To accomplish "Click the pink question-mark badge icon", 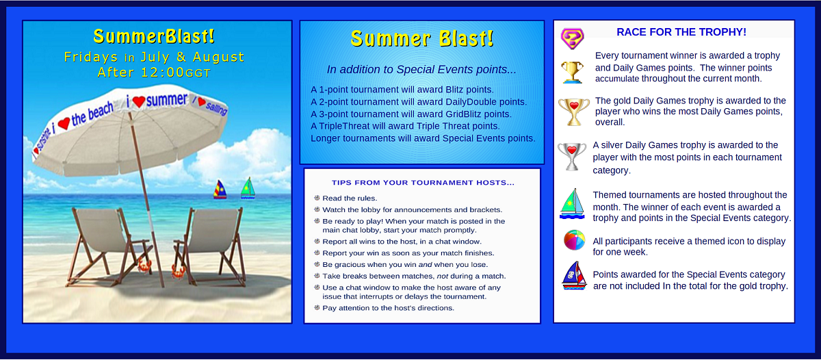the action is pyautogui.click(x=572, y=38).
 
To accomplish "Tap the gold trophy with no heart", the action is pyautogui.click(x=572, y=73).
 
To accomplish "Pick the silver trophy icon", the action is pyautogui.click(x=572, y=157).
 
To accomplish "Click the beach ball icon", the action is pyautogui.click(x=574, y=240).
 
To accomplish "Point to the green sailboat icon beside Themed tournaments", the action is pyautogui.click(x=572, y=204).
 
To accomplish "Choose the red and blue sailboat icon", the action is pyautogui.click(x=574, y=276).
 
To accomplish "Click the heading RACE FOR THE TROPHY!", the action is pyautogui.click(x=681, y=32).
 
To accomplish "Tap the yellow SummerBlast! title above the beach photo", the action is pyautogui.click(x=154, y=36).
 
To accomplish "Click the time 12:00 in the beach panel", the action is pyautogui.click(x=162, y=73).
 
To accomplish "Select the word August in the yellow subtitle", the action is pyautogui.click(x=218, y=57).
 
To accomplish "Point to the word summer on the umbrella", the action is pyautogui.click(x=167, y=100).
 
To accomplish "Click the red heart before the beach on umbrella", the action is pyautogui.click(x=64, y=124).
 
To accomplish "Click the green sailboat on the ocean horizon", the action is pyautogui.click(x=248, y=188).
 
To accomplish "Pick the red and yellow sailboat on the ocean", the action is pyautogui.click(x=220, y=190).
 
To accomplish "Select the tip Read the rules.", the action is pyautogui.click(x=350, y=198).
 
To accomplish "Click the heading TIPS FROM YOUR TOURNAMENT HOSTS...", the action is pyautogui.click(x=423, y=183).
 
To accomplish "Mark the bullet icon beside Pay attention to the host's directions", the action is pyautogui.click(x=317, y=307).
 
